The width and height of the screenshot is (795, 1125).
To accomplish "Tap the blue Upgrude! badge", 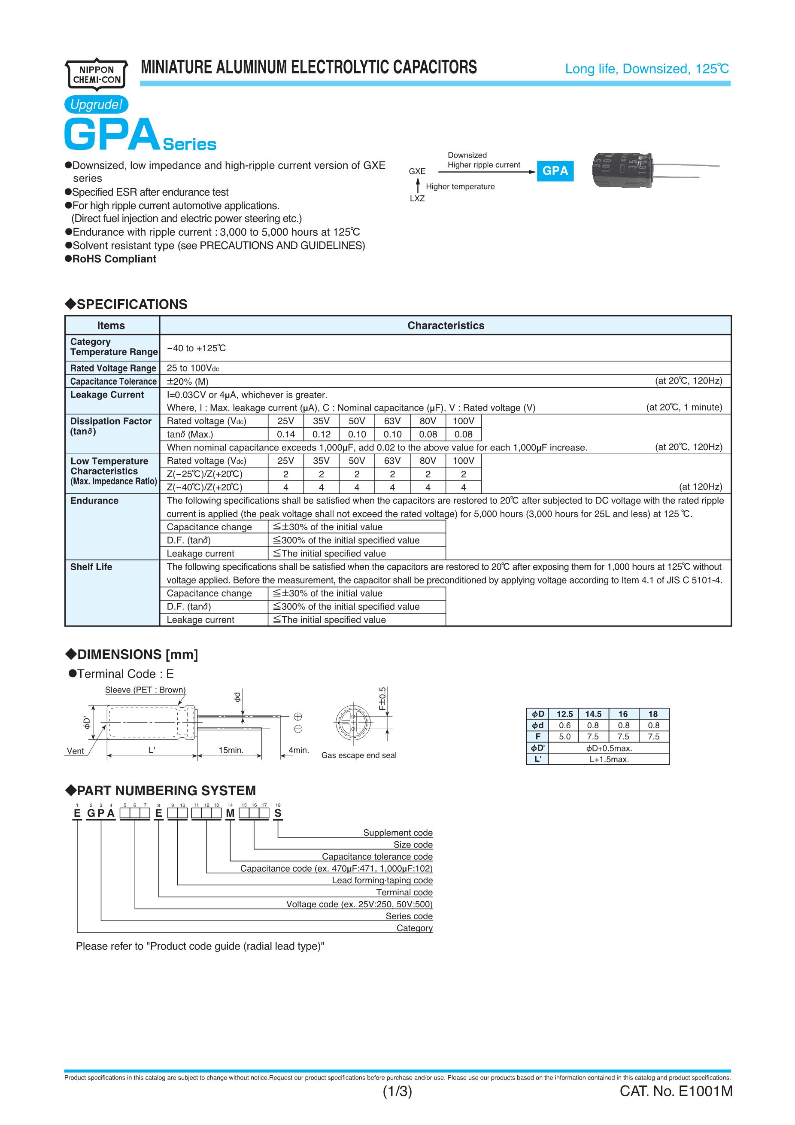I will click(x=96, y=104).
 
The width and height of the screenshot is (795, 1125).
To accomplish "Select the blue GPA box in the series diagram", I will click(x=555, y=171).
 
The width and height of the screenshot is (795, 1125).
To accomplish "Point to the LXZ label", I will click(x=417, y=198).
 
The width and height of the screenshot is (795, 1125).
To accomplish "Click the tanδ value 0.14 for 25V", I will click(x=285, y=434).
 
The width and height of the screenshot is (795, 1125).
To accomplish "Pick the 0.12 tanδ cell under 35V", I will click(x=322, y=434).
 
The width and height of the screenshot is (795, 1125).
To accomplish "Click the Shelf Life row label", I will click(x=91, y=567).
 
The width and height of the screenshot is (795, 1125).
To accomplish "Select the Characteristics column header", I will click(x=445, y=325).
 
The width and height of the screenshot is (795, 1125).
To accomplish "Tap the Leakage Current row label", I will click(x=107, y=395).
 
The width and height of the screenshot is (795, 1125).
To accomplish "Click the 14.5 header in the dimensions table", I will click(x=593, y=714).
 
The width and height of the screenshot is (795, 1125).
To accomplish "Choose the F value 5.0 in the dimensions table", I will click(x=564, y=736).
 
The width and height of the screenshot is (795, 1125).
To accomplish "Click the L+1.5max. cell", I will click(x=609, y=759).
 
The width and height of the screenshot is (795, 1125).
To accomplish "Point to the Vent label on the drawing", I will click(x=75, y=751).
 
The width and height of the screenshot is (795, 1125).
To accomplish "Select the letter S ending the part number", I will click(x=278, y=813).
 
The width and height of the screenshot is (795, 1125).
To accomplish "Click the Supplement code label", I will click(x=398, y=833).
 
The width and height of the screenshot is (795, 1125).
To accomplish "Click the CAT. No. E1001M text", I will click(x=676, y=1105).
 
